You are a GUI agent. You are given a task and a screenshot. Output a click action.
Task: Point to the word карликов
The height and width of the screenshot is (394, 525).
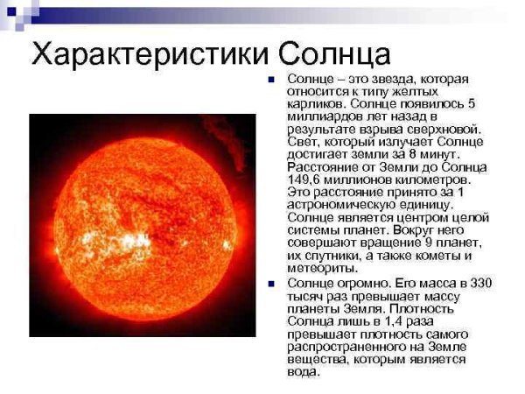[314, 104]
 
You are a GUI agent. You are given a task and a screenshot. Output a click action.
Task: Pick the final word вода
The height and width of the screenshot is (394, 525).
[304, 371]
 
